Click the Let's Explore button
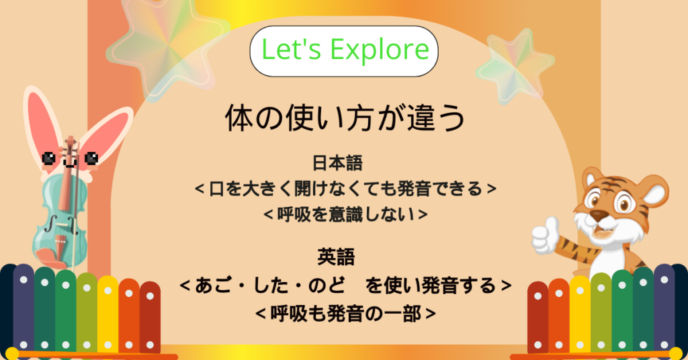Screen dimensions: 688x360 coord(344,51)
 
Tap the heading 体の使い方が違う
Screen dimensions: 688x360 coord(345,118)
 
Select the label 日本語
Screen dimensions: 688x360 coord(337,163)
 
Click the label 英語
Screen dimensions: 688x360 coord(336,257)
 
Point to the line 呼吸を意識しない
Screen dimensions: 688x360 coord(345,214)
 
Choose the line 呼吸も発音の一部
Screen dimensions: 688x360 coord(345,314)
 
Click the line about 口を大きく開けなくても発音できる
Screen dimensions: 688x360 coord(345,189)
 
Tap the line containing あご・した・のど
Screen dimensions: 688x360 coord(345,285)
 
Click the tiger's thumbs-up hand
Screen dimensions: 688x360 coord(546,236)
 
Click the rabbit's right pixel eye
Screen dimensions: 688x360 coord(91,158)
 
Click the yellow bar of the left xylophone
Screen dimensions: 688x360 coord(107,314)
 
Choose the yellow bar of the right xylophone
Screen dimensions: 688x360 coord(580,314)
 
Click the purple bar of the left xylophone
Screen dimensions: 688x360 coord(24,309)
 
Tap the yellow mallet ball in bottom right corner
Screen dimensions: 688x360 coord(676,353)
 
